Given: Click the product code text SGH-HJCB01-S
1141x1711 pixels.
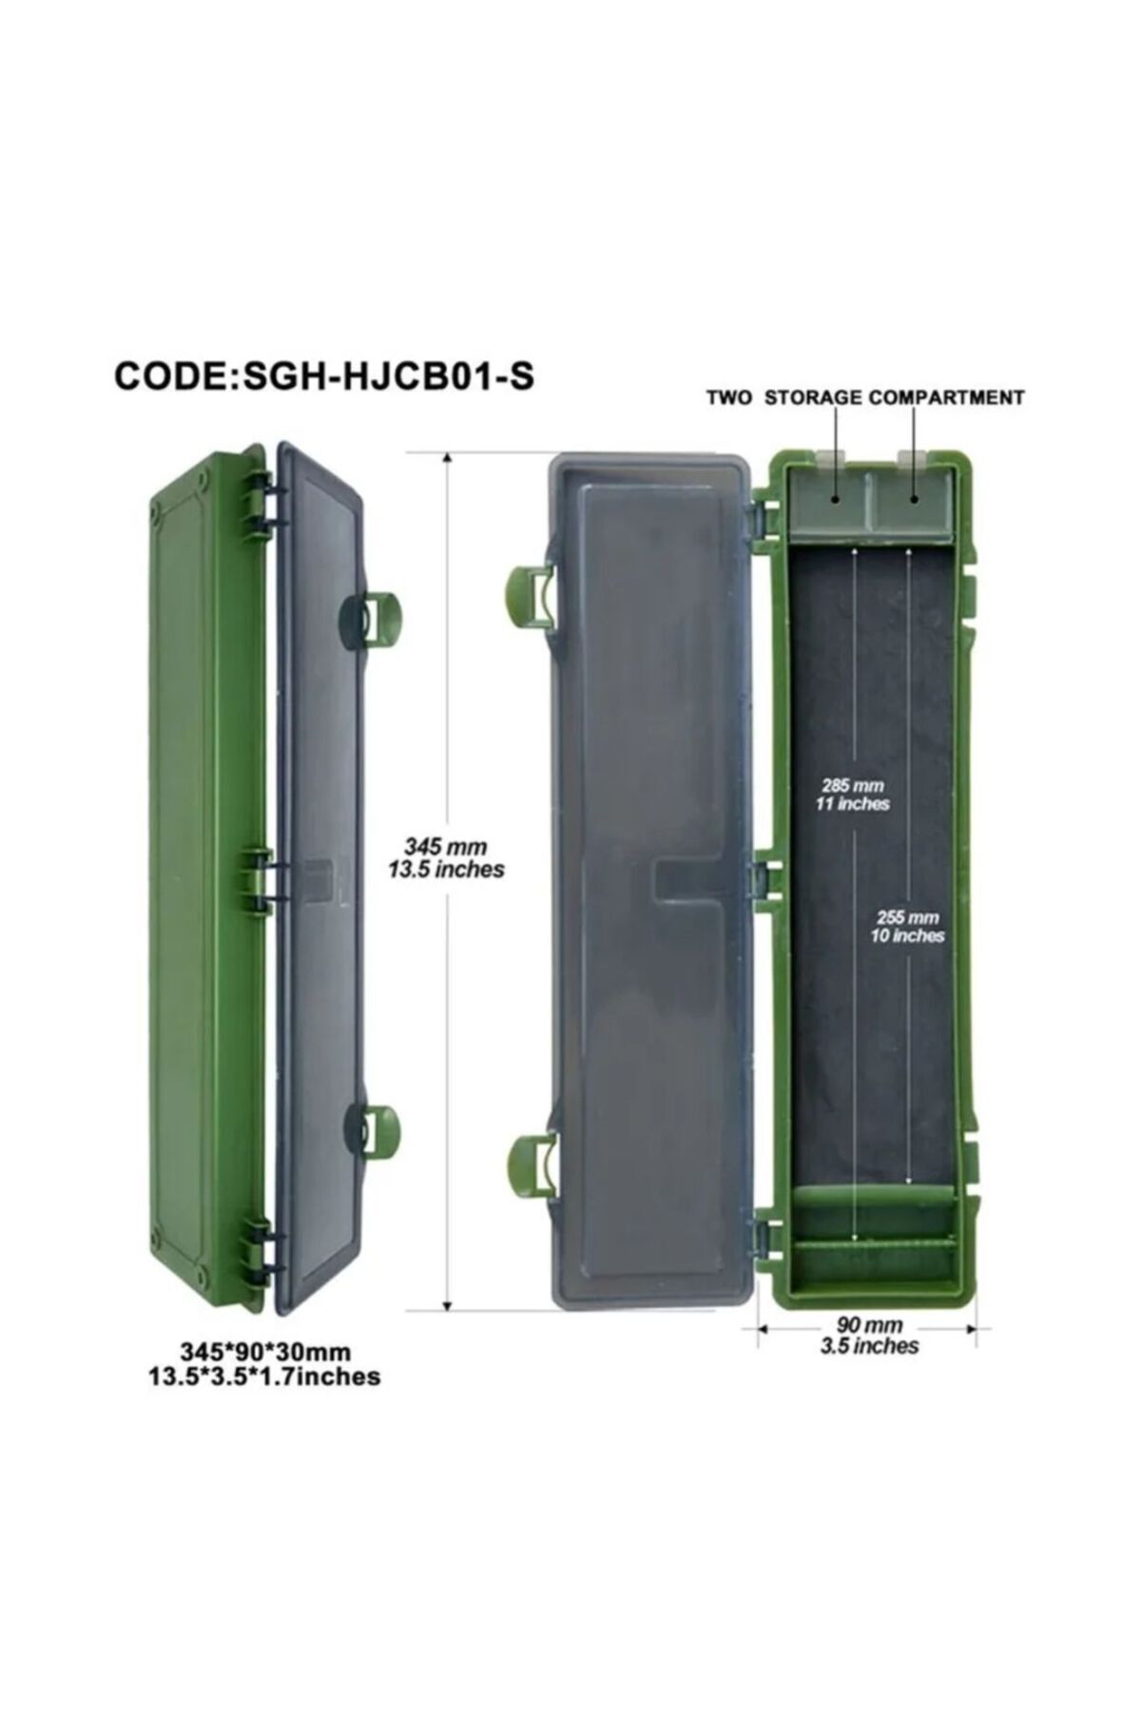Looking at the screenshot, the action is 389,376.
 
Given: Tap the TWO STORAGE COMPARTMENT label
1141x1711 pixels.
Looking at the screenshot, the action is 865,398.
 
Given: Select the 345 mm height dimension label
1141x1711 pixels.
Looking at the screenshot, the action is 446,847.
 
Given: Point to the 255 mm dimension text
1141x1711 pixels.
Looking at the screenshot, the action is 908,917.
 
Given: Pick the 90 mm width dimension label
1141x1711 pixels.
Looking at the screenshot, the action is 870,1325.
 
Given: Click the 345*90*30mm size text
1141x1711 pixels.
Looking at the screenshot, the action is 265,1352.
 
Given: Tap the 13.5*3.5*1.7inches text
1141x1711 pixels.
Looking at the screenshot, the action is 264,1376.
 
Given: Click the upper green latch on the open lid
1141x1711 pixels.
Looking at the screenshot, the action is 529,597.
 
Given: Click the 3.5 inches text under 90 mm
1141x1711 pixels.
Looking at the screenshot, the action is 869,1346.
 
